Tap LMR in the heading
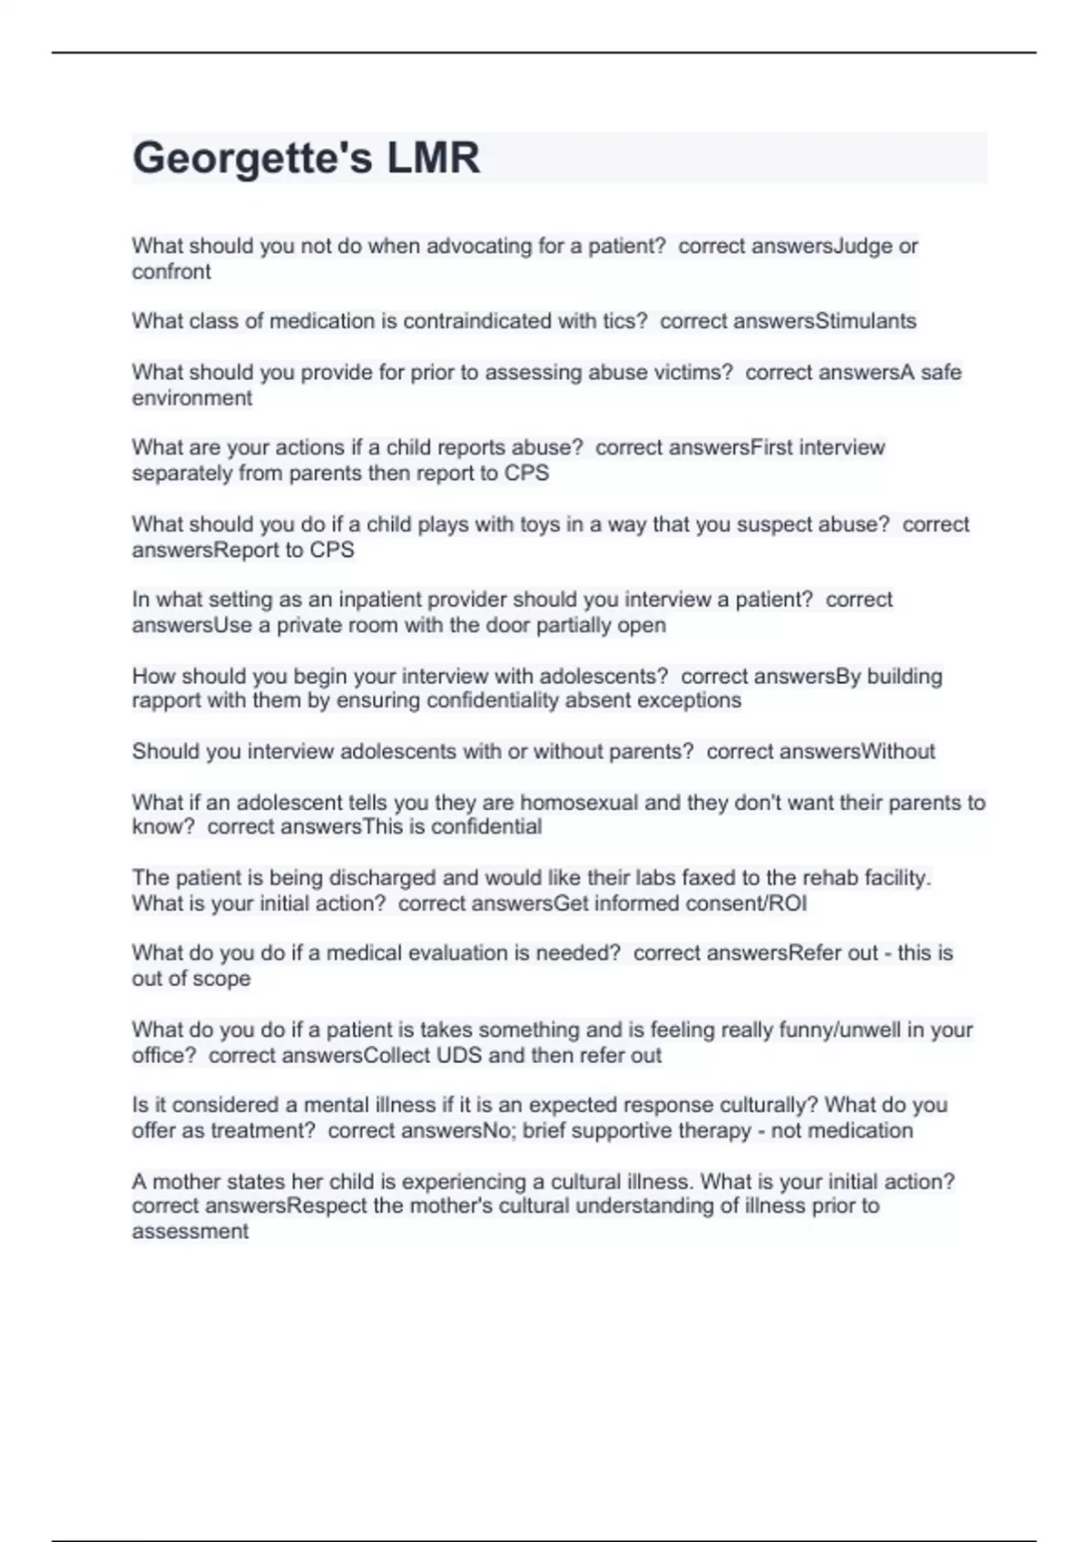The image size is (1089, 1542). pyautogui.click(x=433, y=159)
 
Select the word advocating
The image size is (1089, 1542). pyautogui.click(x=479, y=246)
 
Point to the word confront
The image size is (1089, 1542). pyautogui.click(x=172, y=271)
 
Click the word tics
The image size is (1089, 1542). pyautogui.click(x=624, y=321)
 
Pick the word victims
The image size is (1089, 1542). pyautogui.click(x=693, y=372)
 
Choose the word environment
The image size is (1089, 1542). pyautogui.click(x=192, y=397)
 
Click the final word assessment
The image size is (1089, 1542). pyautogui.click(x=190, y=1231)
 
